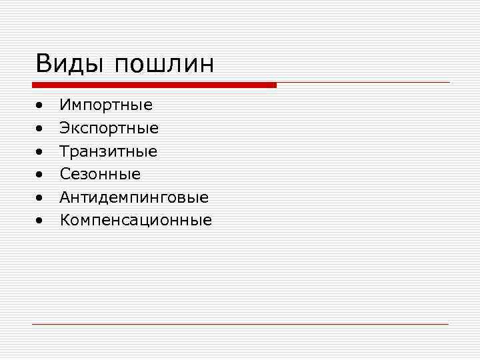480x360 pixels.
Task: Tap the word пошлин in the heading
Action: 164,65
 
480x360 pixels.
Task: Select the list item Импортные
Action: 106,105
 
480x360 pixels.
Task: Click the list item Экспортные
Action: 109,128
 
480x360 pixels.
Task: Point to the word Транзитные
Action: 109,151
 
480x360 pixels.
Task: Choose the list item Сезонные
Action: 100,174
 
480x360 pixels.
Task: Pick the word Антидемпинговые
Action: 134,197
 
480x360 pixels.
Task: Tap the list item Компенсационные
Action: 136,220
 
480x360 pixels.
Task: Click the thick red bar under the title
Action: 154,85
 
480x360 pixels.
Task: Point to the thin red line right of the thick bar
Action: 363,83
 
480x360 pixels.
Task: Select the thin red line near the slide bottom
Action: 240,324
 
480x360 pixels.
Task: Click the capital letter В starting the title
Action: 44,64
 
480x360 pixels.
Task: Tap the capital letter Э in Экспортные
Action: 65,128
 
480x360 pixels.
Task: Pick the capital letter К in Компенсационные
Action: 65,220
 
